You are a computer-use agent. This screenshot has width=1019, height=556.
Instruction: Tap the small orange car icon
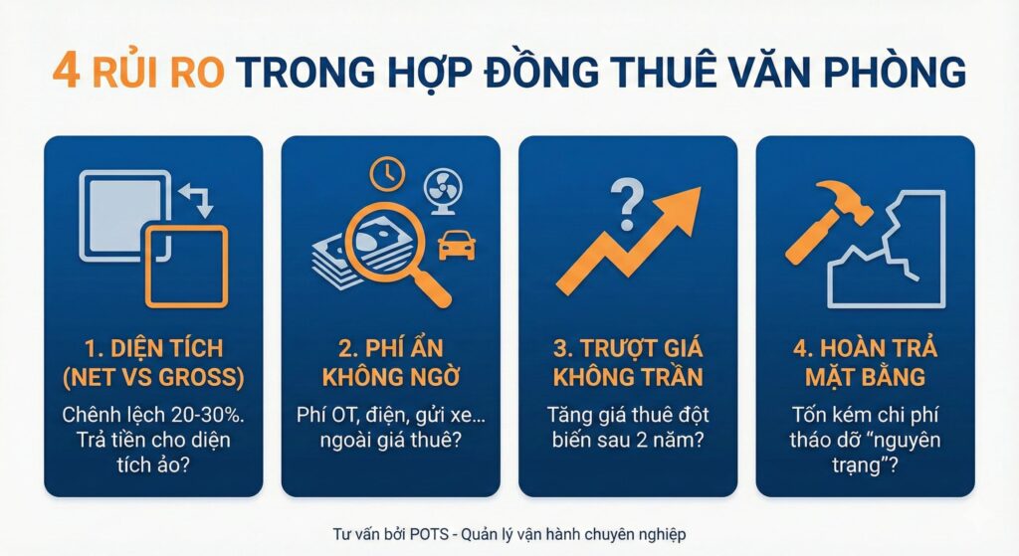[x=456, y=243]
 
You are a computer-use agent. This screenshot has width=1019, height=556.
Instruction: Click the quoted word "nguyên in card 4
[x=904, y=439]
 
